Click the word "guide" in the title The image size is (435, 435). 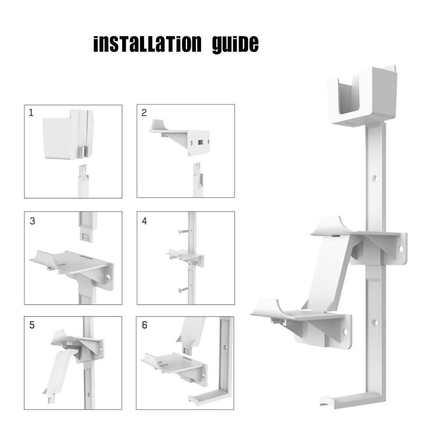[x=236, y=44]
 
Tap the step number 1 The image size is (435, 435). [x=31, y=113]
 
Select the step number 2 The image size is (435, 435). [x=144, y=113]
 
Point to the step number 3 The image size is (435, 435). [x=32, y=221]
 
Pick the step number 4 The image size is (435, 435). [x=144, y=221]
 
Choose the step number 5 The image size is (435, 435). [x=32, y=325]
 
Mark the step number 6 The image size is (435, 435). [x=144, y=325]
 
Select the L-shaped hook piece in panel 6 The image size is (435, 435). [x=215, y=379]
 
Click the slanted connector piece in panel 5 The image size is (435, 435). [x=60, y=370]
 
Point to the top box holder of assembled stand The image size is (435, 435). [x=361, y=97]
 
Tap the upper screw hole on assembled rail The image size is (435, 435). [x=375, y=177]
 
